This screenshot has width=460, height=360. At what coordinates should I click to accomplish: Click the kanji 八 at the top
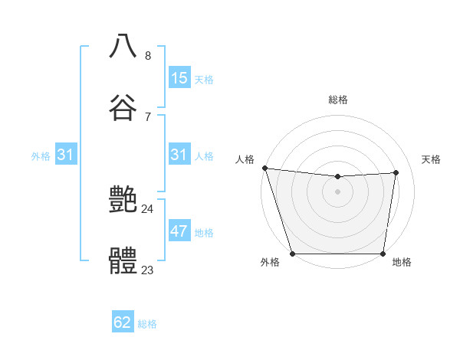tap(123, 46)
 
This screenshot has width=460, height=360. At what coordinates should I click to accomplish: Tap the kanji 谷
tap(123, 107)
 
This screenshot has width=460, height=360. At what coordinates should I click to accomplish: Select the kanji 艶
tap(123, 201)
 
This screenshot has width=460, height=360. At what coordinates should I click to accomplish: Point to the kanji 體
tap(123, 262)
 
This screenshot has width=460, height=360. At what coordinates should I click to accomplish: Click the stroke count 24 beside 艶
tap(148, 209)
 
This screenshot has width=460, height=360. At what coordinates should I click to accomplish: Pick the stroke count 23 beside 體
tap(148, 270)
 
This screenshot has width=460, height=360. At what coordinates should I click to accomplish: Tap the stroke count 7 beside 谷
tap(148, 116)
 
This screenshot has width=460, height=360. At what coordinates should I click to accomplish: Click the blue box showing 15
tap(179, 77)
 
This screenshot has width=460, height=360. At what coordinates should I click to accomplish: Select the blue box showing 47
tap(179, 232)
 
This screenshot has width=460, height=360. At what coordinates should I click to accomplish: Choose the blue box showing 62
tap(123, 322)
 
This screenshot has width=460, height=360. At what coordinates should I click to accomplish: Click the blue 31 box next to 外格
tap(66, 155)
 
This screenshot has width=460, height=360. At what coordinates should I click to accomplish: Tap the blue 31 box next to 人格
tap(179, 155)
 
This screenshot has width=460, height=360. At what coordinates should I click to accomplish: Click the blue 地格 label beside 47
tap(204, 233)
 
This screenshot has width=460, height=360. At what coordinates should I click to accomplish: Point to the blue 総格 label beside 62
tap(147, 323)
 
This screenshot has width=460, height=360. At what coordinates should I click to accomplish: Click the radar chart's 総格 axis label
tap(338, 100)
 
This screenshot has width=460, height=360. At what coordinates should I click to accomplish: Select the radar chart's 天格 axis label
tap(432, 159)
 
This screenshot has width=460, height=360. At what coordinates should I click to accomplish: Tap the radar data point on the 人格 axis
tap(264, 168)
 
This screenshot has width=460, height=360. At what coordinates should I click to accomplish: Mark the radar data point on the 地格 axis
tap(383, 253)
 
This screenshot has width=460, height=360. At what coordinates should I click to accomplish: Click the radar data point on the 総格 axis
tap(338, 177)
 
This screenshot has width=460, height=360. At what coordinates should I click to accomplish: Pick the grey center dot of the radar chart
tap(338, 191)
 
